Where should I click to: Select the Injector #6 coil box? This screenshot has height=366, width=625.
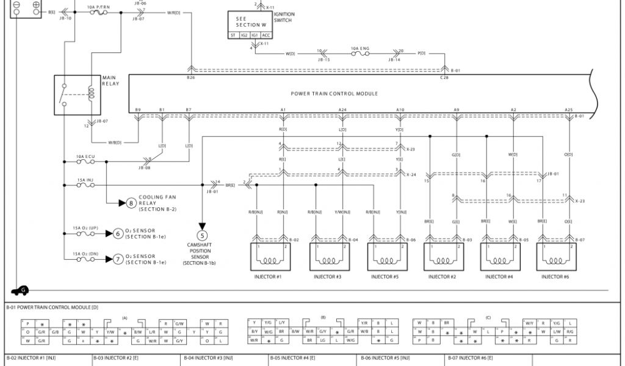point(556,256)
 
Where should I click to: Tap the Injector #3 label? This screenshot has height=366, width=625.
point(328,277)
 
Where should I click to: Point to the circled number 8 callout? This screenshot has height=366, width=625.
point(130,203)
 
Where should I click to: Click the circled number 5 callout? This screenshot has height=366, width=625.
point(202,235)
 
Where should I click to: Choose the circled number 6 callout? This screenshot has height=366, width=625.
point(118,234)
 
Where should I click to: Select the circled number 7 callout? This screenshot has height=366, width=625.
point(118,259)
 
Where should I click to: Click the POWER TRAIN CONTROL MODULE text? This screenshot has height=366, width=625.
point(334,94)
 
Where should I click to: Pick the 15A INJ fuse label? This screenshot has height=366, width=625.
point(85,180)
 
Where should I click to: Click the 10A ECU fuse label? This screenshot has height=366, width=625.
point(85,157)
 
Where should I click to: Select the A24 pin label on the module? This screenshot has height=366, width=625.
point(342,110)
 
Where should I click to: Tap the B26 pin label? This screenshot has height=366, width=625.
point(190,78)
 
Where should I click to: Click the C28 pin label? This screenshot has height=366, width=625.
point(444,78)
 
